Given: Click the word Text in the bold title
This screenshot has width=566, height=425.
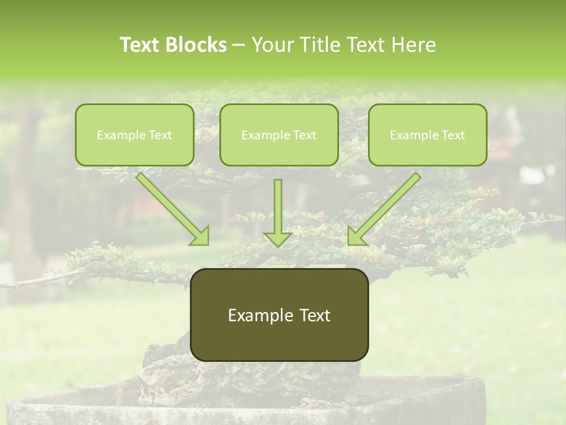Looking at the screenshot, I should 140,45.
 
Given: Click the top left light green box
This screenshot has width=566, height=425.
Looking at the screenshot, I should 134,135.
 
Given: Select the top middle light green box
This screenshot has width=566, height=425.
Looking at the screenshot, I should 279,135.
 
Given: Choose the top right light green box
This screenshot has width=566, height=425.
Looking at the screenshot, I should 427,135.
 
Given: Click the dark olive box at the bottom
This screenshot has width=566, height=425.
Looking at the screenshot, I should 279,315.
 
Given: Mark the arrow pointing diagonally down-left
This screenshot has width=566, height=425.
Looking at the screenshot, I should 384,208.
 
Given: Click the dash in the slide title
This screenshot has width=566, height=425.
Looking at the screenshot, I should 239,45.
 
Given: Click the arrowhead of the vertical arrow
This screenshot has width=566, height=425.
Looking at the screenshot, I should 278,238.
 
